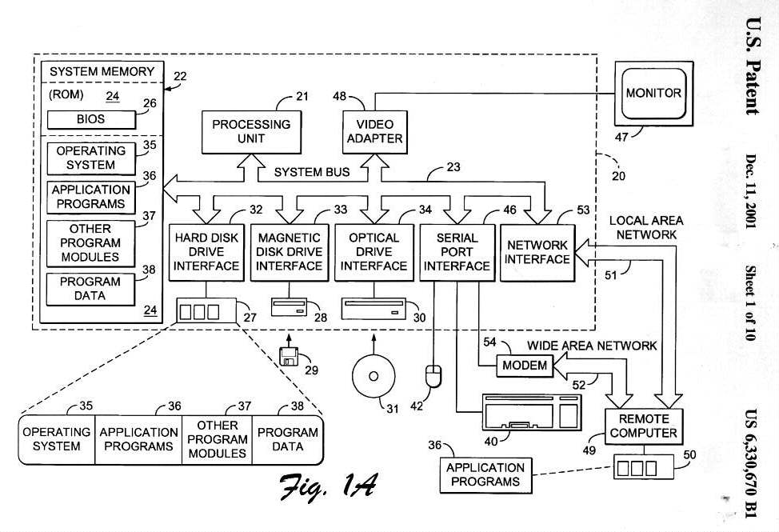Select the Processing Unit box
tap(251, 131)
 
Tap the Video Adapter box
tap(374, 131)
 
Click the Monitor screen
tap(653, 94)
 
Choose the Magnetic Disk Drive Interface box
tap(289, 251)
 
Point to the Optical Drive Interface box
tap(374, 251)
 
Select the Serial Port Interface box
tap(457, 251)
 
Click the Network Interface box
tap(536, 252)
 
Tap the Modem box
tap(525, 366)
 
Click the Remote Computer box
tap(643, 426)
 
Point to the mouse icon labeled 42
tap(433, 374)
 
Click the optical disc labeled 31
tap(373, 378)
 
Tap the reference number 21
tap(302, 97)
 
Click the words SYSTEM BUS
tap(312, 172)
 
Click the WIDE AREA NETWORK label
tap(592, 346)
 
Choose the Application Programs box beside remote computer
tap(485, 474)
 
